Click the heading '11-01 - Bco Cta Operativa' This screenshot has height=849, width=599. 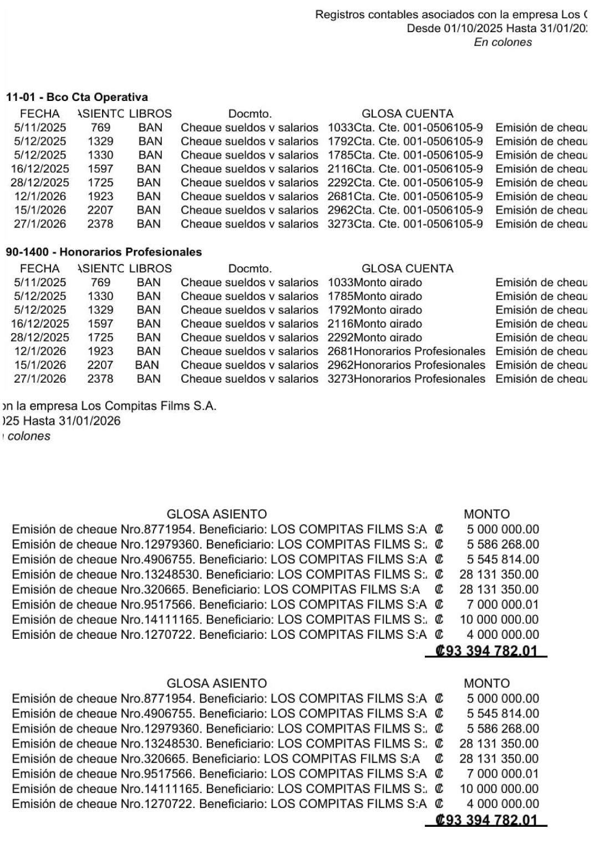(77, 97)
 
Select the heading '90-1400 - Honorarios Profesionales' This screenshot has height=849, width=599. (104, 252)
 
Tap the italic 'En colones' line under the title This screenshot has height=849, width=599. (502, 42)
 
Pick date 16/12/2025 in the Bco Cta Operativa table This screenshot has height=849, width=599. (40, 169)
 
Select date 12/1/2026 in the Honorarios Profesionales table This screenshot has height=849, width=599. (40, 351)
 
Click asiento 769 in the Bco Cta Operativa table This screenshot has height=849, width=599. (100, 127)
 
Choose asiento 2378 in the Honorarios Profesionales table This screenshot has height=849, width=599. (100, 379)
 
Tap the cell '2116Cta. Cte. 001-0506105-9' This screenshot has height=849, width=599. (405, 169)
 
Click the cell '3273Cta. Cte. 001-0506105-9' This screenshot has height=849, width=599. (405, 224)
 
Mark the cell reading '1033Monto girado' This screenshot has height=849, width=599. (374, 282)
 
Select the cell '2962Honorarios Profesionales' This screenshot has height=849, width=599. (406, 365)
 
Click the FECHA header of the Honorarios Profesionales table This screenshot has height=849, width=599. (40, 268)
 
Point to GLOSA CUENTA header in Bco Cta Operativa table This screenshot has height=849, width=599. (407, 114)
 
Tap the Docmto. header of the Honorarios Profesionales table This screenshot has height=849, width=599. (250, 268)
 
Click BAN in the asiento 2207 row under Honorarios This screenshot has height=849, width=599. (146, 365)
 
